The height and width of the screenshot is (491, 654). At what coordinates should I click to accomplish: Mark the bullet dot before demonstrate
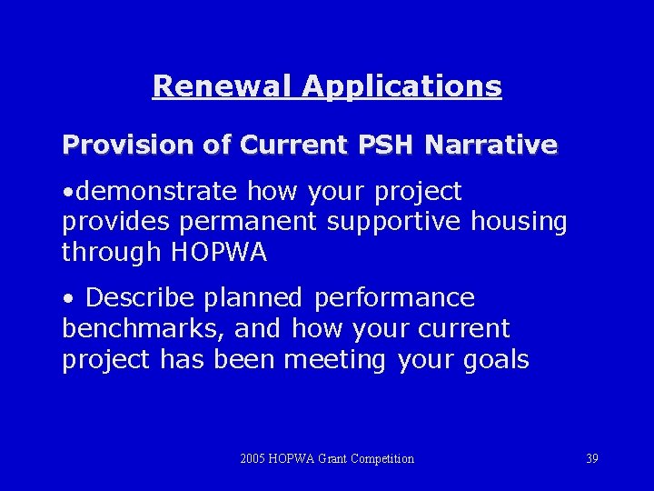point(68,193)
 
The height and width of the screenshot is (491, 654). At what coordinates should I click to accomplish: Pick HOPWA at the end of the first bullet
point(219,253)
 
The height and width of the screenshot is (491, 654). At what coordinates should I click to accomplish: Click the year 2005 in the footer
point(253,459)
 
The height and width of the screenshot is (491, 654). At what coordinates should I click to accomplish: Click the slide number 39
point(592,459)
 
